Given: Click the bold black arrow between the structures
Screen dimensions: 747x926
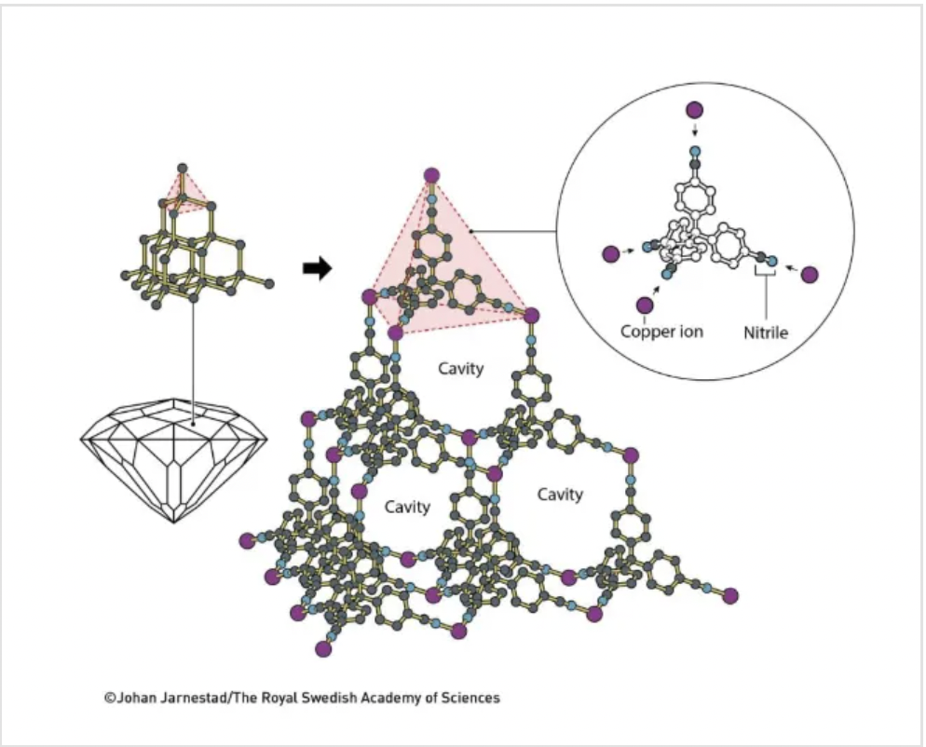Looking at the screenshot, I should coord(318,269).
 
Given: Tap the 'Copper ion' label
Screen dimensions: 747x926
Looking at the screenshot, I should coord(661,331).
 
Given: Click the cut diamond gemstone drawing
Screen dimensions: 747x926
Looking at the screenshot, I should coord(174,456).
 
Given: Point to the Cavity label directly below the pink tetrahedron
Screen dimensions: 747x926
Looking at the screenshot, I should coord(461,369).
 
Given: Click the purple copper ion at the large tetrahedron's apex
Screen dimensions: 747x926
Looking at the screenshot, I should coord(431,175).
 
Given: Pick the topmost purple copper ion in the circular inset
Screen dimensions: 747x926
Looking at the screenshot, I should coord(694,109).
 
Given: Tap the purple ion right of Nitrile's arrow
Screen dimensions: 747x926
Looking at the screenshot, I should coord(810,274).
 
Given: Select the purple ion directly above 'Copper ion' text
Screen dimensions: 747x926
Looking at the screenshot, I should coord(644,304).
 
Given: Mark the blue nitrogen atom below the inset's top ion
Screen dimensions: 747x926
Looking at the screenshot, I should coord(694,150).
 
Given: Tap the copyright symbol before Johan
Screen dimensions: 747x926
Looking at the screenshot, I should coord(109,697).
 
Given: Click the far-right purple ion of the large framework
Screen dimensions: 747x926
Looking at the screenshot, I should coord(730,595).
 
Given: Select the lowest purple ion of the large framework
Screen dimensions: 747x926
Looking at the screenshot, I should coord(323,649).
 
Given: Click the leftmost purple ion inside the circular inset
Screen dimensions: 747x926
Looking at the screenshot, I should coord(611,253).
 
